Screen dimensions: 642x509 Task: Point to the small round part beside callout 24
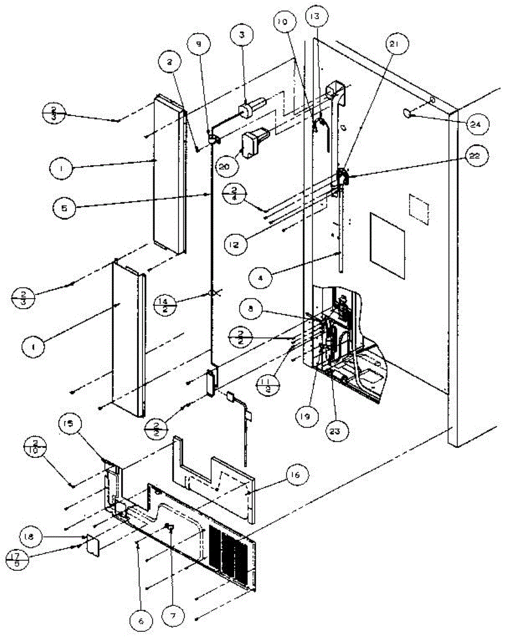(x=409, y=113)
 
